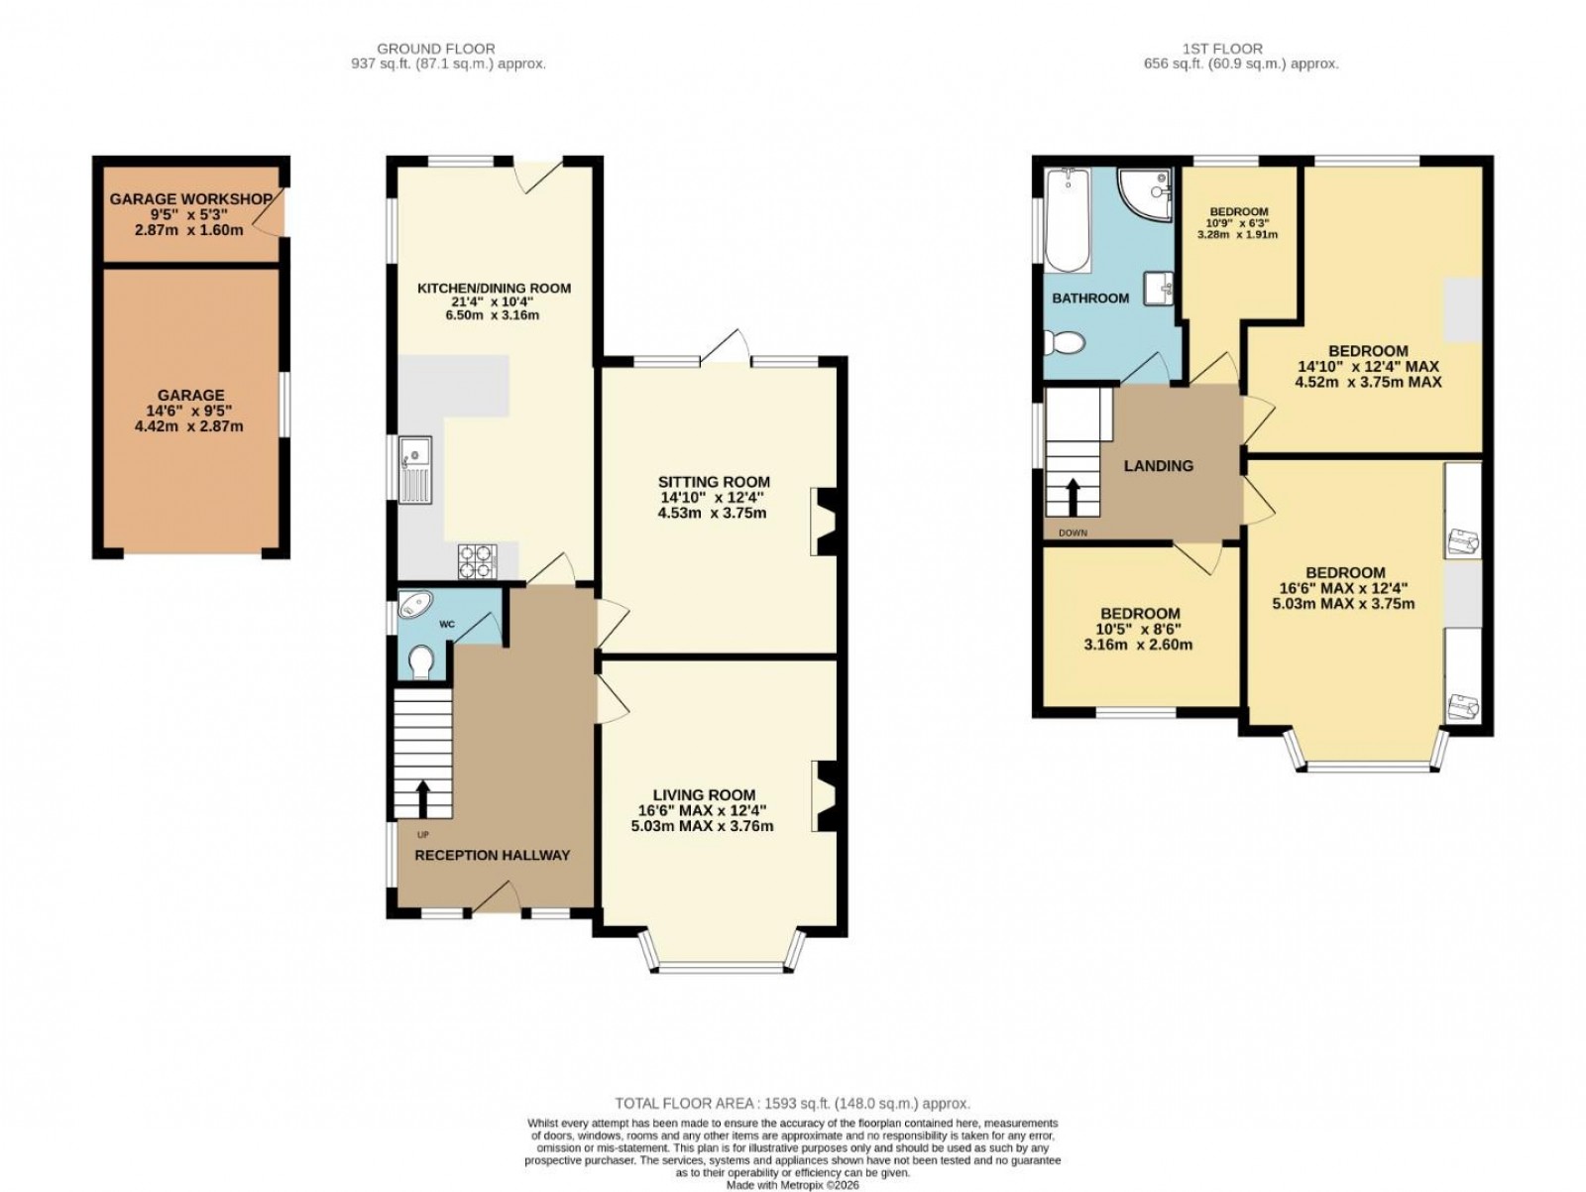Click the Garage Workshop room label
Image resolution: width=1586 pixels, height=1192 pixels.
click(190, 199)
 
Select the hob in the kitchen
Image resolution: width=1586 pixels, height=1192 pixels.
click(477, 561)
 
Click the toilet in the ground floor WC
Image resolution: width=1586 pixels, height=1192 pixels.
click(421, 661)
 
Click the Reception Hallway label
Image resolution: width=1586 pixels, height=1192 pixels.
click(492, 855)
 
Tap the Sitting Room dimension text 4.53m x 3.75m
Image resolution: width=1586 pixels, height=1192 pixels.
click(714, 513)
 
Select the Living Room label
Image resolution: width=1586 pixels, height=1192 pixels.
click(704, 794)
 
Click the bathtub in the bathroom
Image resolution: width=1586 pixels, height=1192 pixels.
click(1068, 220)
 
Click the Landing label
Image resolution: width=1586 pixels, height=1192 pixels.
click(1158, 465)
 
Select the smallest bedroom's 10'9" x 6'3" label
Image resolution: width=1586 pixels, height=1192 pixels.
click(1239, 223)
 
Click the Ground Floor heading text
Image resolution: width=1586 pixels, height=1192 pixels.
click(436, 49)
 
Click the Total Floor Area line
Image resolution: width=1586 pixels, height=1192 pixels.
click(792, 1103)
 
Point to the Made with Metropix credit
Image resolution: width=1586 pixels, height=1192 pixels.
click(792, 1184)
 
